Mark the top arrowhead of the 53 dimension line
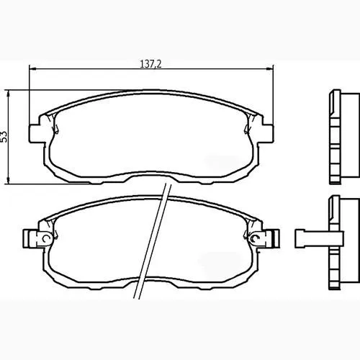pyautogui.click(x=9, y=94)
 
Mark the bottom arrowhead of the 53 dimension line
pyautogui.click(x=9, y=180)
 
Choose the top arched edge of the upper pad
pyautogui.click(x=151, y=94)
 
